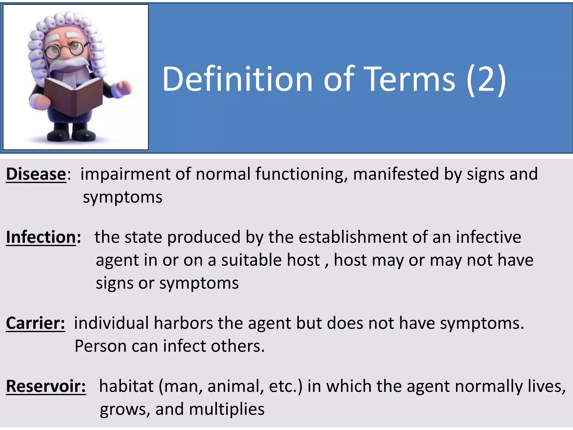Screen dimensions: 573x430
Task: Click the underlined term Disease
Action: pos(36,174)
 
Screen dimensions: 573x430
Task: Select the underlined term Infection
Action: pos(41,237)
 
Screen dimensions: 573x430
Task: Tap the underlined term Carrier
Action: pos(35,323)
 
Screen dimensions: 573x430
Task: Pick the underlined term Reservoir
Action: pos(46,386)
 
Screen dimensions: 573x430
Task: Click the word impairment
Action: pos(125,174)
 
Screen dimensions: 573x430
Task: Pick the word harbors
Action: pos(183,323)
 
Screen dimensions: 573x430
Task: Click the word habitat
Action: pos(126,386)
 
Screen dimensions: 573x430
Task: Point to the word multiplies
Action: pos(227,409)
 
